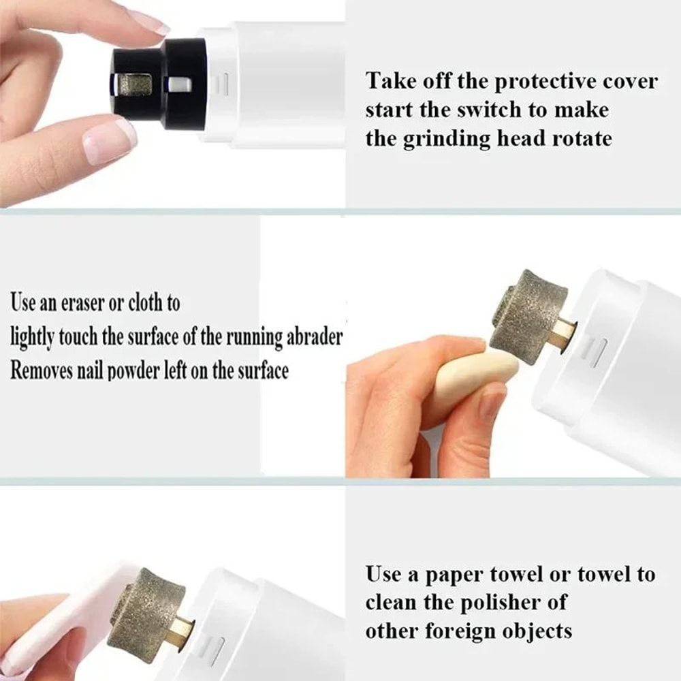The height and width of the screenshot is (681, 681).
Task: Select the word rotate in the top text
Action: [x=578, y=138]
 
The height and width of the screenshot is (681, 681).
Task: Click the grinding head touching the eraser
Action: [x=528, y=317]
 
